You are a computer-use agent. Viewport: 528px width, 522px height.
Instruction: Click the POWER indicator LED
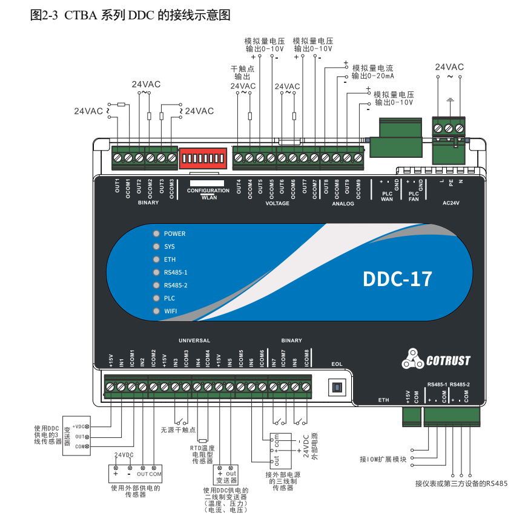(x=156, y=233)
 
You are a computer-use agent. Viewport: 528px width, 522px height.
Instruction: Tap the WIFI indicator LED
(x=156, y=311)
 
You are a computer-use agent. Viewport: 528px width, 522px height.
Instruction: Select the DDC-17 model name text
(x=397, y=279)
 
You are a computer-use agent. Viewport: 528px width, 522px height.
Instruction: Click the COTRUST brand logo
(x=435, y=361)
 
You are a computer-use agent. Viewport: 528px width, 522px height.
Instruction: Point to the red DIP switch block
(x=202, y=158)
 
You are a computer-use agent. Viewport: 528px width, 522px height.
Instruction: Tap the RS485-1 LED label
(x=176, y=272)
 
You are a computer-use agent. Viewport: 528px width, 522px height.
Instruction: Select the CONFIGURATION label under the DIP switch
(x=208, y=191)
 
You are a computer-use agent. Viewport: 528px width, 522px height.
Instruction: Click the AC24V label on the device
(x=451, y=203)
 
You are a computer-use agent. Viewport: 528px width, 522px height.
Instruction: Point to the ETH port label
(x=384, y=400)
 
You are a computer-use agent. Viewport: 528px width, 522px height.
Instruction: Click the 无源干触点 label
(x=178, y=431)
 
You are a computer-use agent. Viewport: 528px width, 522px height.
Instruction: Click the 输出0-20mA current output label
(x=373, y=76)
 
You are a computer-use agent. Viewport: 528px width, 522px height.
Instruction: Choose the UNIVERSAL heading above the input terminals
(x=194, y=341)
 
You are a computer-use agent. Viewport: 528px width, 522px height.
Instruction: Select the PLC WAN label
(x=387, y=196)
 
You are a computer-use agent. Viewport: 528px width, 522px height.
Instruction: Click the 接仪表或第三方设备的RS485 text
(x=461, y=483)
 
